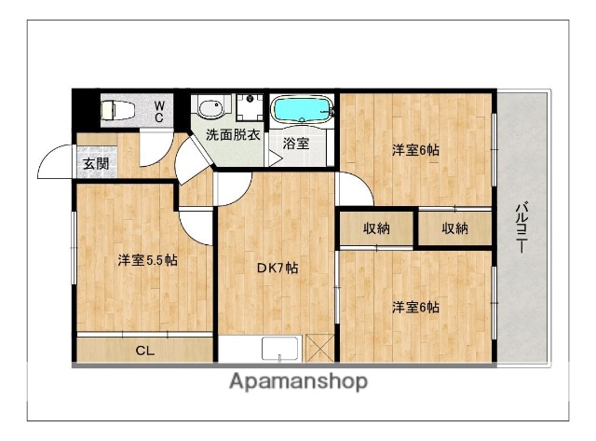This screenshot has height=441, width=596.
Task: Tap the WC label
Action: point(159,112)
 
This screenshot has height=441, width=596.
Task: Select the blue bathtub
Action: point(302,110)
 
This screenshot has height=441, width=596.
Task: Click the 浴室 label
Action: point(296,144)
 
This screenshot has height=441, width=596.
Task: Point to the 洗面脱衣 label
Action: point(234,134)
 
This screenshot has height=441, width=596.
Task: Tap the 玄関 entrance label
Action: point(95,164)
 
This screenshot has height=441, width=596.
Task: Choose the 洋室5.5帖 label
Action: point(147,260)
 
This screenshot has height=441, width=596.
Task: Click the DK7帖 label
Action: point(278,268)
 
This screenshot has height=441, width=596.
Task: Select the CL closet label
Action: point(145,351)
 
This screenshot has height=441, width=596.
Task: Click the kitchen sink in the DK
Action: point(279,350)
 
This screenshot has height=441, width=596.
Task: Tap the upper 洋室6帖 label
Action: point(414,149)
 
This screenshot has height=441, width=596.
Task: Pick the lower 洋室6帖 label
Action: point(414,307)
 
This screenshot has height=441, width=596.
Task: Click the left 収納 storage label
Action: point(376,228)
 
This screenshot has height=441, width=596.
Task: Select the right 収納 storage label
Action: point(454,228)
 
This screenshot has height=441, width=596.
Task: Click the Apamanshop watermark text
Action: point(297,381)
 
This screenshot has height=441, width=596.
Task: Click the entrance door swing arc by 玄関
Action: point(51,164)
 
